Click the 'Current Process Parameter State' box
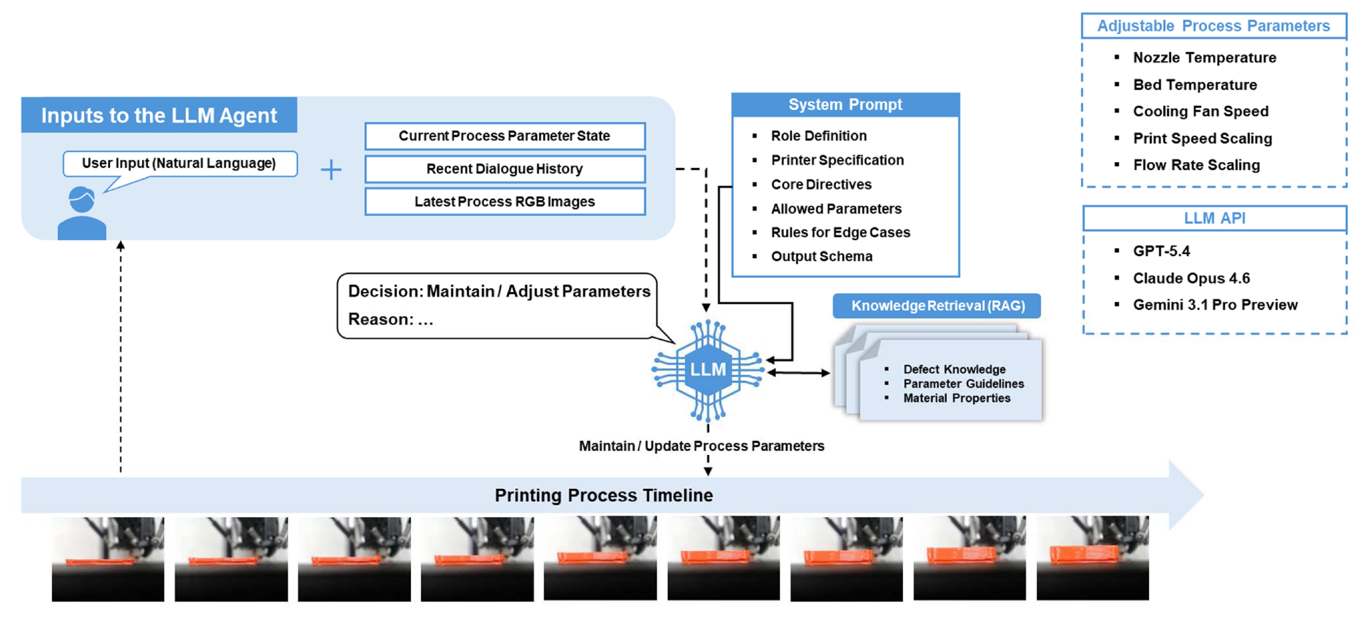click(x=505, y=136)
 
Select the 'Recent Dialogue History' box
click(x=505, y=169)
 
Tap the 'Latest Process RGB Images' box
click(x=505, y=201)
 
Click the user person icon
click(x=82, y=213)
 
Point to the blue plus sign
click(x=331, y=170)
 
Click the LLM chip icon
click(x=707, y=370)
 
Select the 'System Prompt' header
click(x=845, y=104)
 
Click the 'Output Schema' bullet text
click(x=821, y=256)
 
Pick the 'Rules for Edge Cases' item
click(x=841, y=232)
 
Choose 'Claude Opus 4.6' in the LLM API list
click(x=1191, y=278)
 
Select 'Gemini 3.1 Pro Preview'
click(x=1215, y=305)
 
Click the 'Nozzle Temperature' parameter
click(x=1204, y=57)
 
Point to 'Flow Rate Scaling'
click(x=1196, y=165)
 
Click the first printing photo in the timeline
click(x=108, y=559)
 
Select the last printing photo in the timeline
click(x=1092, y=558)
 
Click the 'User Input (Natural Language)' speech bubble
click(x=180, y=164)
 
